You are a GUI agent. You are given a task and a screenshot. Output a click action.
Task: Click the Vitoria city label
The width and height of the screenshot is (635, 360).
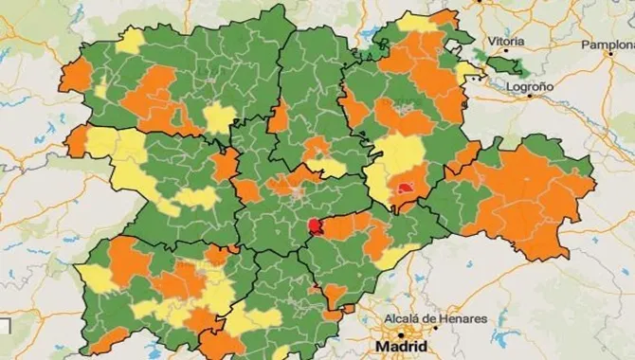506,41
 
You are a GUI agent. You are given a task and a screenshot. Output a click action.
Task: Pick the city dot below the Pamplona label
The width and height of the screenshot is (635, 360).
607,57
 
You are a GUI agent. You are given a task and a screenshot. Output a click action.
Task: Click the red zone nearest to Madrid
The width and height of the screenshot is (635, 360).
316,226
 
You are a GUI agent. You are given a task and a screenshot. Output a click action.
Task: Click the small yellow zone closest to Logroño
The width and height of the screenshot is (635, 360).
465,71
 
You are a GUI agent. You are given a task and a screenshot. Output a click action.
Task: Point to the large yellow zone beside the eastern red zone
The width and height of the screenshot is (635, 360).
398,156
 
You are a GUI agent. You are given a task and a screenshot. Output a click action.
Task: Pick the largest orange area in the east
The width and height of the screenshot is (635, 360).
531,199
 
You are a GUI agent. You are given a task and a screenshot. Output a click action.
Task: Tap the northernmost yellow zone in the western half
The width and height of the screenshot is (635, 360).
131,41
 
